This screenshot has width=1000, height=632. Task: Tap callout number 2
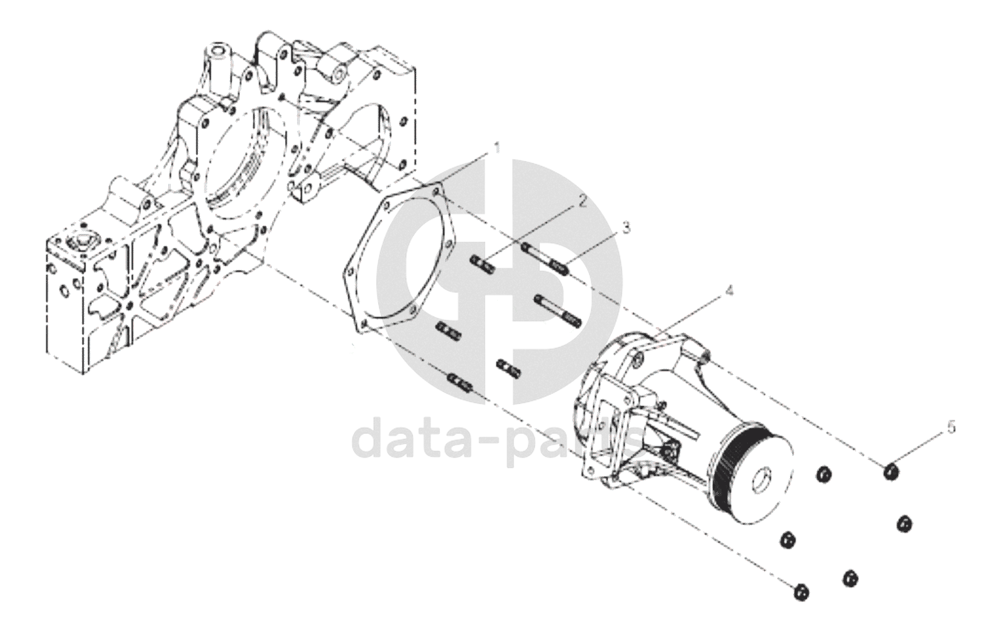582,201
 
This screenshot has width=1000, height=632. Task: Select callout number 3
626,228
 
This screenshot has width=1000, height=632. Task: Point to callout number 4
729,291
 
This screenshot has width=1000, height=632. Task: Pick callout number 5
952,428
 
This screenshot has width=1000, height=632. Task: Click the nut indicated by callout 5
892,472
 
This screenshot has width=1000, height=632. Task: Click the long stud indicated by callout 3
545,259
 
